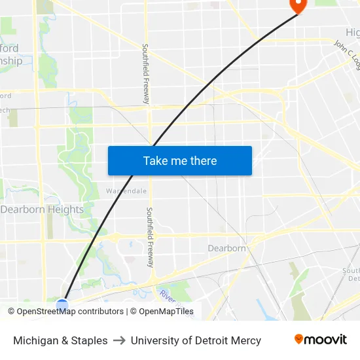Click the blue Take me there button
click(x=179, y=160)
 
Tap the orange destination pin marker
click(x=297, y=5)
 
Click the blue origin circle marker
click(x=62, y=305)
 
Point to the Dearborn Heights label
click(x=43, y=209)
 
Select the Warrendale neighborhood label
click(x=126, y=191)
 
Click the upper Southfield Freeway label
click(x=147, y=73)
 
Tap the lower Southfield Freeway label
click(x=151, y=237)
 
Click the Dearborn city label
click(x=226, y=248)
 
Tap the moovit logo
click(x=321, y=340)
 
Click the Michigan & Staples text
click(x=60, y=340)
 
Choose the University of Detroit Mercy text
click(x=196, y=340)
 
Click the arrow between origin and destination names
click(x=119, y=340)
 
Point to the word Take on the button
click(x=155, y=160)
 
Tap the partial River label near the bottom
click(x=168, y=297)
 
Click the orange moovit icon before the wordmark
click(x=299, y=339)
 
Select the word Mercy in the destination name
click(x=246, y=340)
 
